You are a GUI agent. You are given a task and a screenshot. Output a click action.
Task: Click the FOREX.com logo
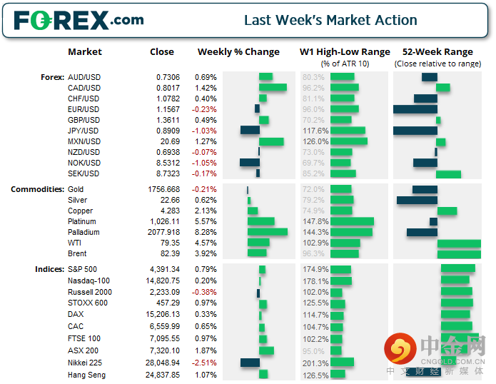(79, 20)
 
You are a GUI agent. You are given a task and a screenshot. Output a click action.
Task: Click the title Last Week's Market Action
(330, 20)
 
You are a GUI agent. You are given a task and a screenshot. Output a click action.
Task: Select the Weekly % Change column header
(238, 52)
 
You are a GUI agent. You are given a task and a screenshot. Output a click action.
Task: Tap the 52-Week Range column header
(437, 52)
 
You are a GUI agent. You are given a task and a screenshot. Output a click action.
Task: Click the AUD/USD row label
(83, 77)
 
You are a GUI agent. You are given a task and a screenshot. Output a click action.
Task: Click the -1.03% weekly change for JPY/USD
(206, 131)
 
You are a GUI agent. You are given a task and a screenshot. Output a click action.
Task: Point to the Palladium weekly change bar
(267, 232)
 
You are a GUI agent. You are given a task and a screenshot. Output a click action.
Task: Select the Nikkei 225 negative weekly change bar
(250, 362)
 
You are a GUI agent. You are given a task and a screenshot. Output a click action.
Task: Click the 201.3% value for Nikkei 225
(315, 363)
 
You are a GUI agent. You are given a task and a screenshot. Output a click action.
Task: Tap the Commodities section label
(36, 189)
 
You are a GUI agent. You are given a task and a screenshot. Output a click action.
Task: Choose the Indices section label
(49, 269)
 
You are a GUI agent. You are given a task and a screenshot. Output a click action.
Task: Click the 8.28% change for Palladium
(206, 232)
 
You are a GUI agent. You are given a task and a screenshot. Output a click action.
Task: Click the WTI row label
(74, 243)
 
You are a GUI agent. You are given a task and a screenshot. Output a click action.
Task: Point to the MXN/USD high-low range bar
(349, 141)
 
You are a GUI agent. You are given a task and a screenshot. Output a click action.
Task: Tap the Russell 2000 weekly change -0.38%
(206, 292)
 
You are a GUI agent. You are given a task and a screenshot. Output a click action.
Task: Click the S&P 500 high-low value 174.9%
(315, 269)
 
